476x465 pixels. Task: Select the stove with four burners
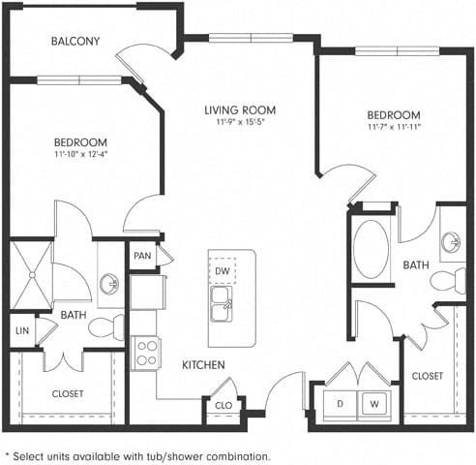147,352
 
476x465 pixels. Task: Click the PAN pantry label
141,256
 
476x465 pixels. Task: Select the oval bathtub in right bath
371,249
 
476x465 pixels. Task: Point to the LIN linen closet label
21,330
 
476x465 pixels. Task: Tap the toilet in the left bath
104,326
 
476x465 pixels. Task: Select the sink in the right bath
452,242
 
